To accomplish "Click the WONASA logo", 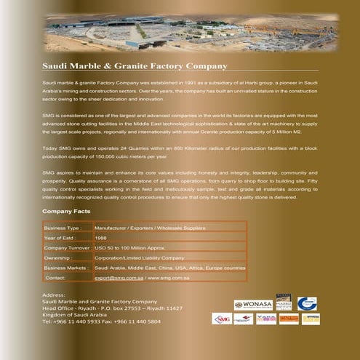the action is point(252,305).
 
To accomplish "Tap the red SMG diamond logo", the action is point(222,319).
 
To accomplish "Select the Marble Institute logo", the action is point(283,303).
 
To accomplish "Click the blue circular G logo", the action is point(306,303).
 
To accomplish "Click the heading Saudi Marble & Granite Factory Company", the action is point(135,66).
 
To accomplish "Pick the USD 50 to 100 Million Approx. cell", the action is point(135,248).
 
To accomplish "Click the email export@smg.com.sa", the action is point(119,278).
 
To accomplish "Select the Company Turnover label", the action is point(68,248).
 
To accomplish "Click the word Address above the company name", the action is point(55,294).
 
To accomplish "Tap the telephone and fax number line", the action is point(101,321).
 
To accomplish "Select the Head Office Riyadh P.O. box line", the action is point(112,308).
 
